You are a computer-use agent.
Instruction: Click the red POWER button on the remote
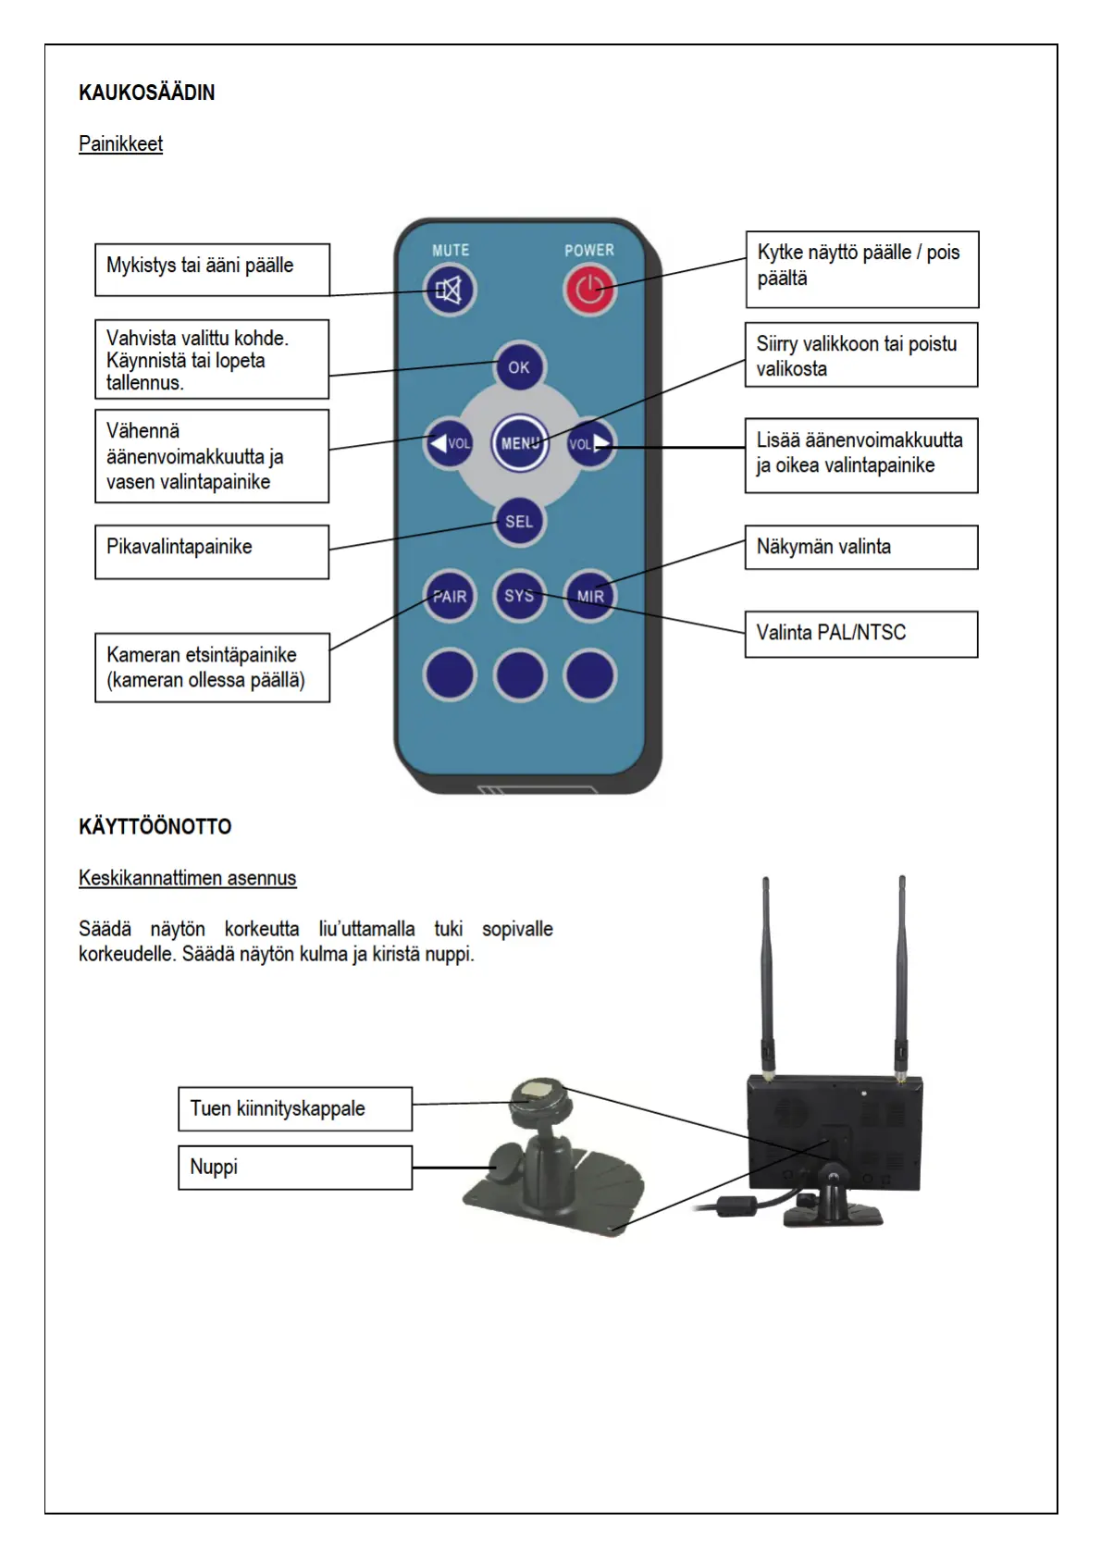point(589,291)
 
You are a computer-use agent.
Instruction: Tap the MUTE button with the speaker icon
point(450,291)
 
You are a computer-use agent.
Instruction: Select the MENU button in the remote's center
point(520,443)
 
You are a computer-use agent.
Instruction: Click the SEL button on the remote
point(519,521)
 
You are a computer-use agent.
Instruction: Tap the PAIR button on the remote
point(450,597)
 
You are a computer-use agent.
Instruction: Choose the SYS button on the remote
point(519,596)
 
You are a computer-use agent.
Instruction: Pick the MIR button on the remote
point(590,596)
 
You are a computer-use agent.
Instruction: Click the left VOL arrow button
point(449,443)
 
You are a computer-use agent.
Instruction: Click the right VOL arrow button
point(590,443)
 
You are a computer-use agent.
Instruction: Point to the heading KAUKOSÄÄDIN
point(147,93)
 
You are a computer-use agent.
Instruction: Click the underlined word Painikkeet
point(120,144)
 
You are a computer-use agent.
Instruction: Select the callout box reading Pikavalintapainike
point(212,551)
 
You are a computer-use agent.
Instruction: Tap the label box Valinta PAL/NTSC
point(860,634)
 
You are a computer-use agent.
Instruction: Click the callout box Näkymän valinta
point(860,547)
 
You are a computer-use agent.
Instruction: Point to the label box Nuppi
point(294,1168)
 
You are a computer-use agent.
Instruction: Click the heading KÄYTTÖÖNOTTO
point(155,826)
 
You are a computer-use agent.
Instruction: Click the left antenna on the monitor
point(767,971)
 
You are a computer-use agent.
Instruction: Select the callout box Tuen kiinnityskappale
point(294,1108)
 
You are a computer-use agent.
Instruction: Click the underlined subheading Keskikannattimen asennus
point(187,878)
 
